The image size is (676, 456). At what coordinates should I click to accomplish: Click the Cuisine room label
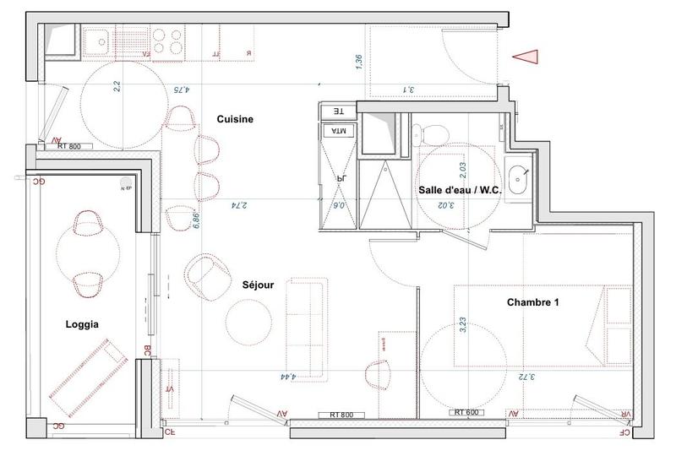pyautogui.click(x=235, y=120)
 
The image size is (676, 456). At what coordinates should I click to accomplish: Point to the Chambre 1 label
pyautogui.click(x=532, y=301)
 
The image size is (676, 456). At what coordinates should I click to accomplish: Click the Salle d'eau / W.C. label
pyautogui.click(x=460, y=190)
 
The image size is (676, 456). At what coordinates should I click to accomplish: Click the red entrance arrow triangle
pyautogui.click(x=526, y=56)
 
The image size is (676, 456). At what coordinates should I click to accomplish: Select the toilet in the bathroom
pyautogui.click(x=433, y=134)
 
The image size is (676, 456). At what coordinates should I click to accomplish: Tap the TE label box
pyautogui.click(x=334, y=111)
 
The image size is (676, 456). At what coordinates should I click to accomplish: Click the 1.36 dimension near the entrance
pyautogui.click(x=359, y=62)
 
